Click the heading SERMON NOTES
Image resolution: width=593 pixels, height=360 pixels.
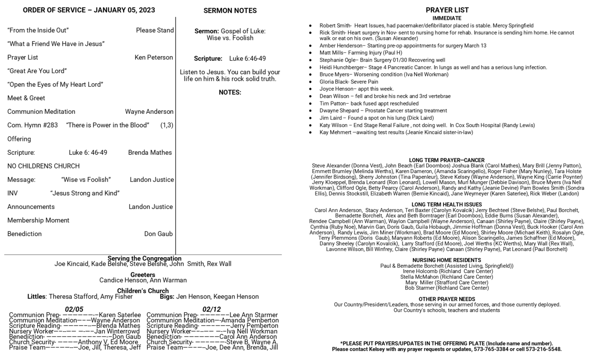point(230,11)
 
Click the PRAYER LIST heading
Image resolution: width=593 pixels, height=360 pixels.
point(447,10)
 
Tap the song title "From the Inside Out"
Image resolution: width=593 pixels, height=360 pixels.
point(38,30)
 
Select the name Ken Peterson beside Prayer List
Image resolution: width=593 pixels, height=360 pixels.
point(154,57)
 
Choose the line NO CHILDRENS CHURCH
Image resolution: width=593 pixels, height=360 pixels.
point(43,166)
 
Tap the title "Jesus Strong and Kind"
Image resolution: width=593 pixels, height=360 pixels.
point(85,193)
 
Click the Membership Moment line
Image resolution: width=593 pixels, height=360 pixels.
point(38,220)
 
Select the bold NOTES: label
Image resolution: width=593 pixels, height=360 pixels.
point(230,92)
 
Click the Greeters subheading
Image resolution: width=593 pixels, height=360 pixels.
point(143,275)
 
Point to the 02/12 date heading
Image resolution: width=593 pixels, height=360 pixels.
point(211,309)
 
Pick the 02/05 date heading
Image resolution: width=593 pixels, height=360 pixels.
point(74,309)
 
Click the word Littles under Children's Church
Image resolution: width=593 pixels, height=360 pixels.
point(37,297)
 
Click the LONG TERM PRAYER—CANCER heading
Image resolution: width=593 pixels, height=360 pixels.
point(446,160)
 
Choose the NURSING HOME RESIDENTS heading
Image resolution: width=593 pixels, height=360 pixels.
point(446,260)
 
